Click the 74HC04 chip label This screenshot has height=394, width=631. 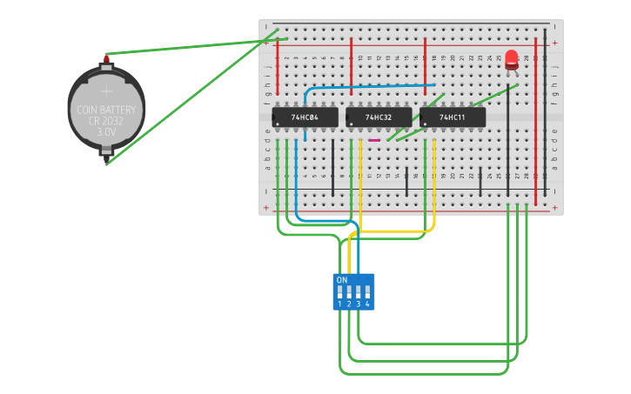(x=305, y=117)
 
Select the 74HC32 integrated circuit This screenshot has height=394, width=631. (x=379, y=117)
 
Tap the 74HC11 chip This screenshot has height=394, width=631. (x=453, y=117)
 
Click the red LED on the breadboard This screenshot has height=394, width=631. (x=512, y=59)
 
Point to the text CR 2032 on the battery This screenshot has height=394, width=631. (x=106, y=122)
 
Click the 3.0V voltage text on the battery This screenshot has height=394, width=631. (x=106, y=133)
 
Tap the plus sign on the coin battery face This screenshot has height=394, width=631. (x=106, y=90)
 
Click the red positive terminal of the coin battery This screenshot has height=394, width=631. (x=107, y=59)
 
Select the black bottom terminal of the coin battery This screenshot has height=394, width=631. (x=106, y=155)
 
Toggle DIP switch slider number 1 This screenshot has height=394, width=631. (x=340, y=292)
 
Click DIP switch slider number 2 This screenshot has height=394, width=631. (x=349, y=292)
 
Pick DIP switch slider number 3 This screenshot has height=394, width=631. (x=358, y=292)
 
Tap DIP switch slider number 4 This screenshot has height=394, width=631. (x=366, y=292)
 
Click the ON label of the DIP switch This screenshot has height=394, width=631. (x=342, y=280)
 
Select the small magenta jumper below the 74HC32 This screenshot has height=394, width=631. (x=374, y=139)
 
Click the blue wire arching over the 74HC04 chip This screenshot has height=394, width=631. (x=370, y=86)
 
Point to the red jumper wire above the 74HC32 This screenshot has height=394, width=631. (x=352, y=65)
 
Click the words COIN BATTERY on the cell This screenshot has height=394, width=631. (x=106, y=110)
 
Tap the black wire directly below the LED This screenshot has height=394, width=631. (x=508, y=139)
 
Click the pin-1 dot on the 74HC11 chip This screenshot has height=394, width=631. (x=425, y=123)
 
